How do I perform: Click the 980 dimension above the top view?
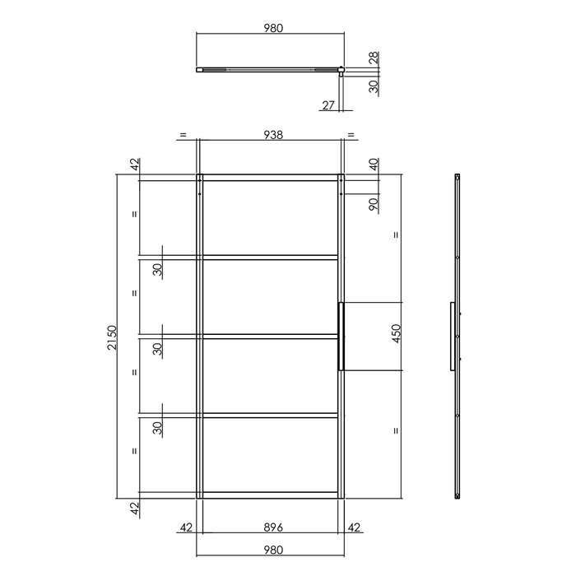pyautogui.click(x=272, y=27)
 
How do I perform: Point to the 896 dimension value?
pyautogui.click(x=272, y=527)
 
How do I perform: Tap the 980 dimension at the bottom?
pyautogui.click(x=272, y=550)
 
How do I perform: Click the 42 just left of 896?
pyautogui.click(x=185, y=527)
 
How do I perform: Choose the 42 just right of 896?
pyautogui.click(x=355, y=527)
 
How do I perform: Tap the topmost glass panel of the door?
pyautogui.click(x=270, y=217)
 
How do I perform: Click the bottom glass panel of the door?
pyautogui.click(x=270, y=455)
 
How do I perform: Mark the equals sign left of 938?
pyautogui.click(x=183, y=135)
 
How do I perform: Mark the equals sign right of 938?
pyautogui.click(x=351, y=135)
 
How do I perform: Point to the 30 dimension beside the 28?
pyautogui.click(x=374, y=86)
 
